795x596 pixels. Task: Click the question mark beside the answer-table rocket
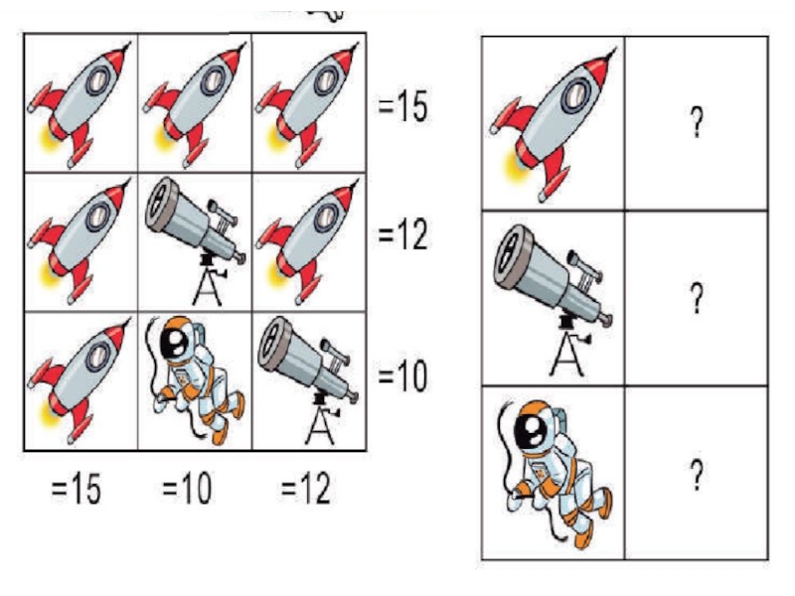pyautogui.click(x=697, y=123)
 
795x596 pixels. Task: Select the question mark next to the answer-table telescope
pyautogui.click(x=697, y=296)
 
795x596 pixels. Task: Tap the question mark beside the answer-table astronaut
pyautogui.click(x=697, y=476)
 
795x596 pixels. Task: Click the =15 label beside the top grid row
pyautogui.click(x=402, y=106)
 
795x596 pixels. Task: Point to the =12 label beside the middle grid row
pyautogui.click(x=402, y=236)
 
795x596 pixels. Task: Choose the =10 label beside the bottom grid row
pyautogui.click(x=402, y=377)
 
